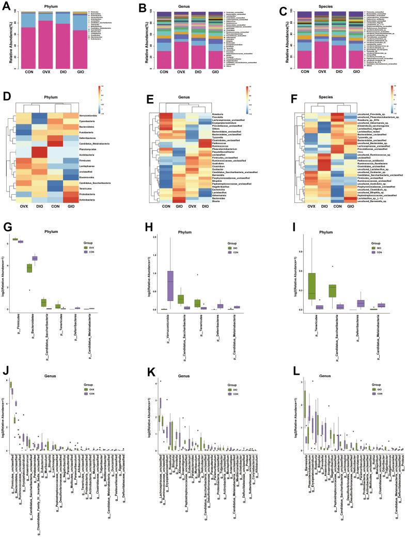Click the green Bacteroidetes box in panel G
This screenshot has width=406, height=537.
click(x=29, y=268)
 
